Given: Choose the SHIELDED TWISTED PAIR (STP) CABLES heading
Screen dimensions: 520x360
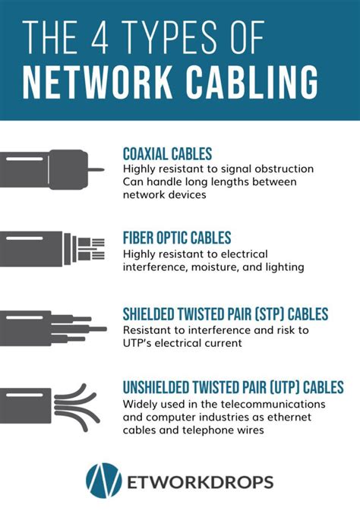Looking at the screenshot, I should [226, 314].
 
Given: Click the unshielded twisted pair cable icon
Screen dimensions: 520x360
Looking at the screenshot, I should [49, 401].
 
